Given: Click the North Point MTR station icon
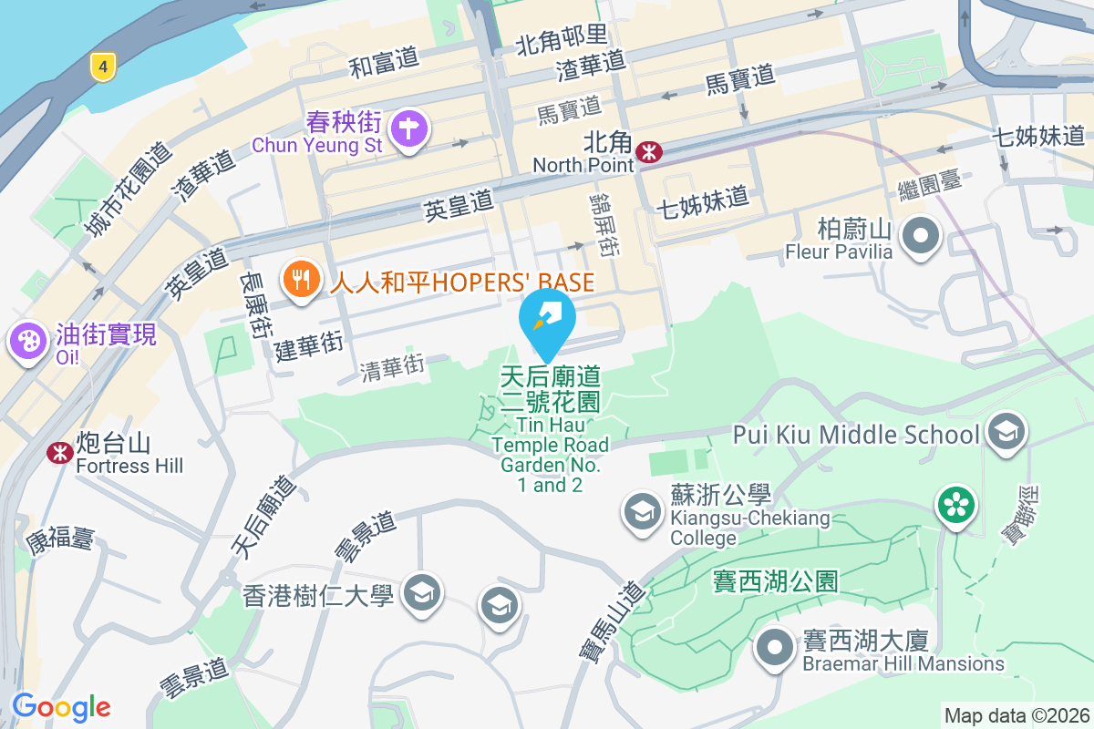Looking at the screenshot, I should [x=649, y=151].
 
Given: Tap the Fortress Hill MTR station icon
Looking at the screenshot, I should [x=60, y=451].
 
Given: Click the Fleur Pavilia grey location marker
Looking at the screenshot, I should [x=920, y=236].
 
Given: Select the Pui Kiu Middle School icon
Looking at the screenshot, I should [x=1006, y=431].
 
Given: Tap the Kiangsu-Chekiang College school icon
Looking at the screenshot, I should [x=643, y=511].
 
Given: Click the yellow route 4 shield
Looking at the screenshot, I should [x=104, y=66].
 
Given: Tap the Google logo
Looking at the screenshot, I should [x=61, y=706].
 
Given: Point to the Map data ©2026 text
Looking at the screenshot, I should [x=1016, y=715].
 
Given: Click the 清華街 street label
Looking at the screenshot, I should [x=392, y=367].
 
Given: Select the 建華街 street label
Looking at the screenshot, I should [x=309, y=345].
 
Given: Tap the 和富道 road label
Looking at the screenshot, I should [x=384, y=63].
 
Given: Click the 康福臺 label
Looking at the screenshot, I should [x=60, y=539].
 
